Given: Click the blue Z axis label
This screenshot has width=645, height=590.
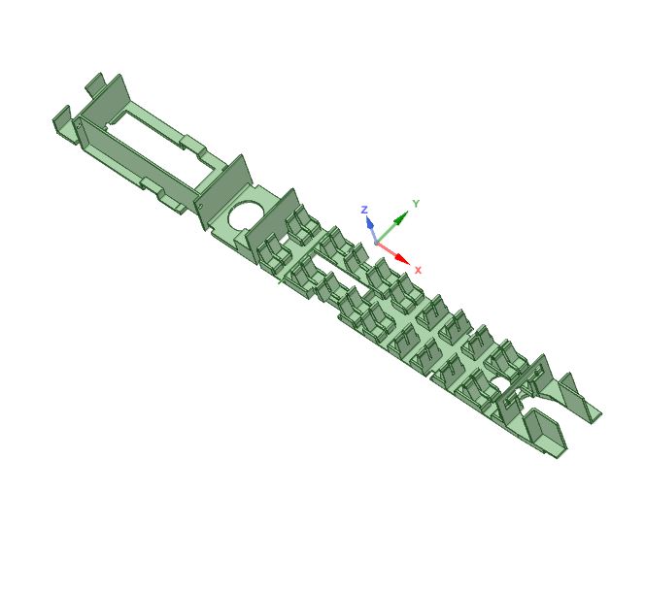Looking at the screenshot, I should click(x=364, y=210).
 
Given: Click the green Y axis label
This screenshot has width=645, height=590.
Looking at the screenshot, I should click(x=415, y=204).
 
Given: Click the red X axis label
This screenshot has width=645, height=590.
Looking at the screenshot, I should click(x=418, y=270).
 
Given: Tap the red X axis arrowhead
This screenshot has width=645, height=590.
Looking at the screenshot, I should click(x=402, y=259).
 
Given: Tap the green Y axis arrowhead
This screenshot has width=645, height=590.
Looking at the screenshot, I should click(x=399, y=219).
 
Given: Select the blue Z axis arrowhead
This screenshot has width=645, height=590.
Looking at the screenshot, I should click(x=370, y=223).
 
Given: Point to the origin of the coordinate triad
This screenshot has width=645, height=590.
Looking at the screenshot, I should click(x=377, y=241).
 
